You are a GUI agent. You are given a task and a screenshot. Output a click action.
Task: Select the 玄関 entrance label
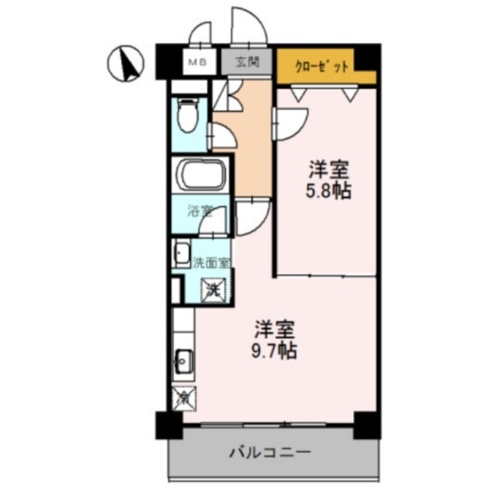tap(247, 61)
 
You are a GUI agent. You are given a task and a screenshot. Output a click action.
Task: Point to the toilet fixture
tap(188, 117)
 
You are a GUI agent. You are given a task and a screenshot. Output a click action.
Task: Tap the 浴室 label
tap(199, 210)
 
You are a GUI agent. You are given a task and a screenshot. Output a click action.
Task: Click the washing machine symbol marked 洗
tap(213, 288)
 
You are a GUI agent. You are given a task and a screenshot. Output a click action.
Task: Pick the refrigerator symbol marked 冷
tap(182, 397)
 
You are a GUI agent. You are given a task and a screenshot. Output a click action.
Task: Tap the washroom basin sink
tap(182, 252)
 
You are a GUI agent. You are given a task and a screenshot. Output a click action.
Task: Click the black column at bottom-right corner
tap(367, 424)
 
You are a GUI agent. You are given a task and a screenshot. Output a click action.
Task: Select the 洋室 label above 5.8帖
tap(329, 170)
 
